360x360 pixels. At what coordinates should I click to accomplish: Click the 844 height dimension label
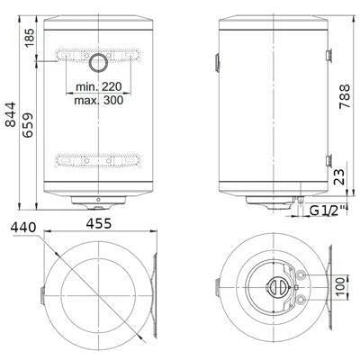pos(11,114)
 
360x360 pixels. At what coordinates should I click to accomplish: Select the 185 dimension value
pos(30,38)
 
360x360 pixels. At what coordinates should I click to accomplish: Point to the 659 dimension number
pos(28,125)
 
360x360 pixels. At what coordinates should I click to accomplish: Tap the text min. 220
pos(99,87)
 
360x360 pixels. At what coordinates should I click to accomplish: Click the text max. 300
pos(99,100)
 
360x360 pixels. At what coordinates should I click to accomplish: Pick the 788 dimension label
pos(345,96)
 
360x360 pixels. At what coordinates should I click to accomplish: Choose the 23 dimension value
pos(339,177)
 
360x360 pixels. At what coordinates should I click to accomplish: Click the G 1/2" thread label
pos(328,211)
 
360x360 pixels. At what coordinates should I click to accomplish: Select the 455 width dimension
pos(99,223)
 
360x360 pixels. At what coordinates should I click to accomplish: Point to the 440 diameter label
pos(23,228)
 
